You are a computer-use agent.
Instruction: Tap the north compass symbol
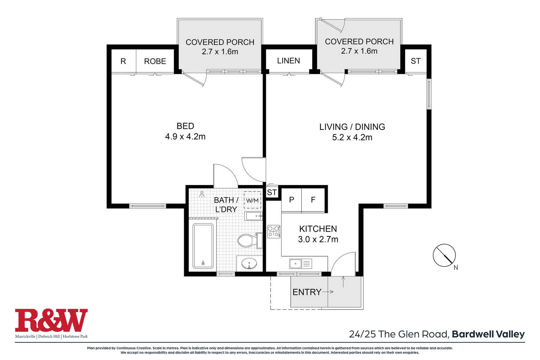click(x=444, y=255)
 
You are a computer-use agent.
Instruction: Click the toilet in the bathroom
click(x=250, y=240)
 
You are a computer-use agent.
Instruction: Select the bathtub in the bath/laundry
click(x=203, y=246)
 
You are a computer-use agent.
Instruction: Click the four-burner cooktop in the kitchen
click(x=274, y=232)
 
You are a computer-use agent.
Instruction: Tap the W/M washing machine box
click(x=252, y=200)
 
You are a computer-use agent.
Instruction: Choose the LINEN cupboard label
click(x=288, y=61)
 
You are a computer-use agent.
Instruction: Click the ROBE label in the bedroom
click(x=155, y=61)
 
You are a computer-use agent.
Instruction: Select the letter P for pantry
click(x=291, y=200)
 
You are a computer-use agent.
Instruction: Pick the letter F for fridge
click(x=313, y=200)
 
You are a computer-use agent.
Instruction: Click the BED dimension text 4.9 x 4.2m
click(x=185, y=137)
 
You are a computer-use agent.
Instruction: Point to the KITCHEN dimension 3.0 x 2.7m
click(x=318, y=239)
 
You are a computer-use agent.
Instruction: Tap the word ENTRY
click(x=307, y=292)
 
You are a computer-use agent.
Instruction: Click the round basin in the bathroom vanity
click(x=249, y=263)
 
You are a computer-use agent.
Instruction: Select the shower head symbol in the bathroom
click(x=202, y=194)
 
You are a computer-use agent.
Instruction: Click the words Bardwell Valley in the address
click(x=488, y=334)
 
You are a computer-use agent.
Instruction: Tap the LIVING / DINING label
click(x=352, y=127)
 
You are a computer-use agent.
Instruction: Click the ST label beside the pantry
click(x=272, y=192)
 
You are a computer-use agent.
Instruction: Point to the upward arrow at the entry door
click(x=343, y=282)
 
